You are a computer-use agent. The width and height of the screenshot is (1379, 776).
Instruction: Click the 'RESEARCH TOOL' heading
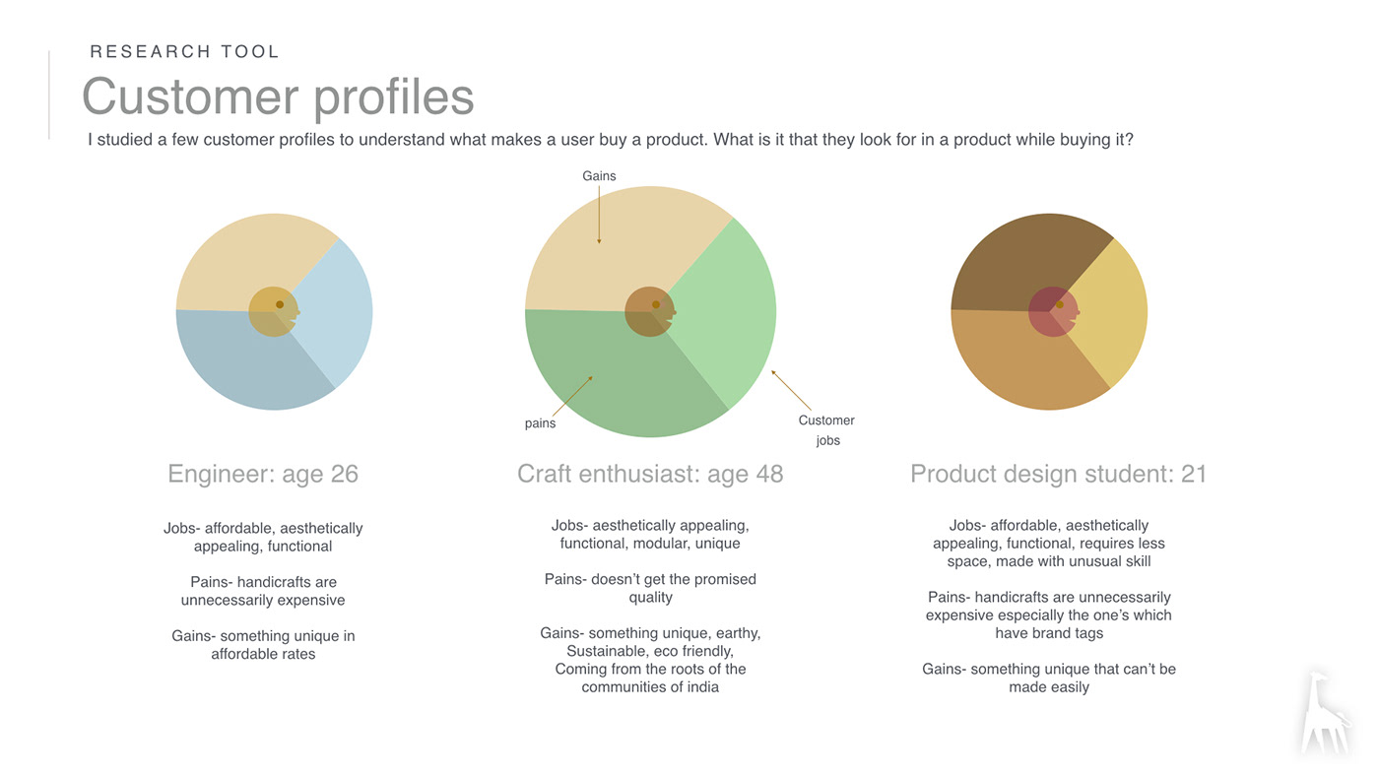coord(185,51)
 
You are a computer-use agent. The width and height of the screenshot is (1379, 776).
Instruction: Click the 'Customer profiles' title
coord(278,97)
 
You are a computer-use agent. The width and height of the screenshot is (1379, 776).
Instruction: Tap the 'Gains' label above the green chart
coord(599,176)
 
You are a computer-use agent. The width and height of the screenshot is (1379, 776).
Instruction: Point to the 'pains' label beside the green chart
coord(540,423)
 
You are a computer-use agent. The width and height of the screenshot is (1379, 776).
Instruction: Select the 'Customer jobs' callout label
coord(826,430)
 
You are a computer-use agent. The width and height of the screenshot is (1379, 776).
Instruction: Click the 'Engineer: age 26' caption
coord(263,474)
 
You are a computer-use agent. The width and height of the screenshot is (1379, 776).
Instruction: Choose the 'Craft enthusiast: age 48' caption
coord(650,474)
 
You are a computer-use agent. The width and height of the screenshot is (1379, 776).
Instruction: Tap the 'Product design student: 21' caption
coord(1058,474)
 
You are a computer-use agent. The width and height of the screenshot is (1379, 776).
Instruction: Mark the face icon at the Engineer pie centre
coord(275,311)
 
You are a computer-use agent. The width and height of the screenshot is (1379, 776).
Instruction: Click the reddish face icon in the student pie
coord(1054,311)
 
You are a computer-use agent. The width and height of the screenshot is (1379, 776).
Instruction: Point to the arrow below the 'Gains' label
coord(599,215)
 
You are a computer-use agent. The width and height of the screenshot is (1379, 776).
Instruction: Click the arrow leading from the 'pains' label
coord(572,396)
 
